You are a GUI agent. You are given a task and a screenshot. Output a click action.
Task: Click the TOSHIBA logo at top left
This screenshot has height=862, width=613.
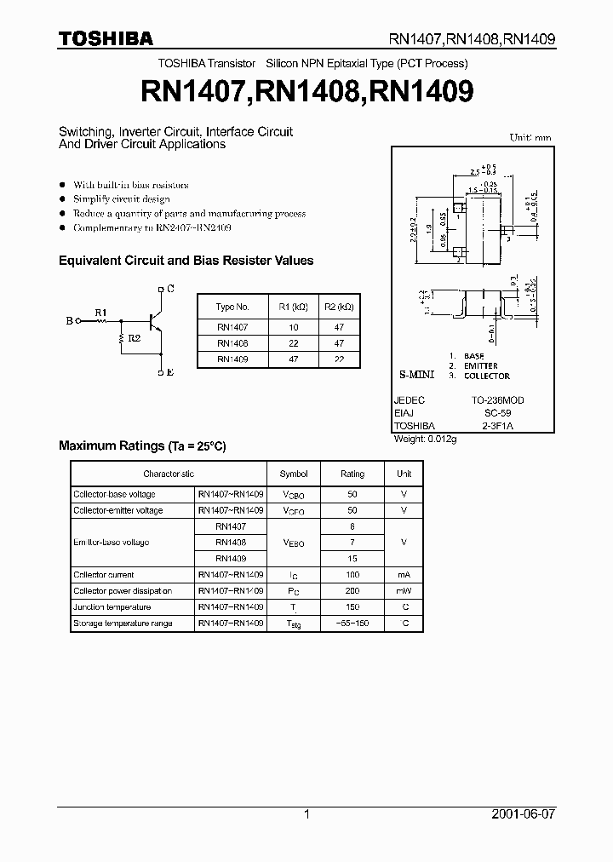pyautogui.click(x=106, y=37)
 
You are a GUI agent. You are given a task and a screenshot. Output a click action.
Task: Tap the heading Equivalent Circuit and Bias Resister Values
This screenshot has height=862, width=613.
pyautogui.click(x=186, y=261)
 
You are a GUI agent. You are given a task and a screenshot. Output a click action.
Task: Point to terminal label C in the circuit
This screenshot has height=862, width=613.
pyautogui.click(x=170, y=289)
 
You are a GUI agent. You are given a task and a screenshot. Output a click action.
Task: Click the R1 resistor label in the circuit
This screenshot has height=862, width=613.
pyautogui.click(x=100, y=313)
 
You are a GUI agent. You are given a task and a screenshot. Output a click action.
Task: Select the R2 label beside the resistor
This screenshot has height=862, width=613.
pyautogui.click(x=135, y=337)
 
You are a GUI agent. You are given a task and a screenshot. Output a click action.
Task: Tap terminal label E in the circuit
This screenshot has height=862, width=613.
pyautogui.click(x=170, y=373)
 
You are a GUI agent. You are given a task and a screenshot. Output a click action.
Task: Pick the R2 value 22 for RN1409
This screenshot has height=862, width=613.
pyautogui.click(x=339, y=359)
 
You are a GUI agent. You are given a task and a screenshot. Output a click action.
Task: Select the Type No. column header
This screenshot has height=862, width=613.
pyautogui.click(x=232, y=307)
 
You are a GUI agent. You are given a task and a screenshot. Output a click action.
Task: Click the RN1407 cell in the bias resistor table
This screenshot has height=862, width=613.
pyautogui.click(x=232, y=325)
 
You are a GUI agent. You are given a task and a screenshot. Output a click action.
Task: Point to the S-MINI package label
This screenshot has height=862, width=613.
pyautogui.click(x=417, y=375)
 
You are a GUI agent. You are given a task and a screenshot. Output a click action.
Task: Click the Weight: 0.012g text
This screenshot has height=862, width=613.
pyautogui.click(x=426, y=439)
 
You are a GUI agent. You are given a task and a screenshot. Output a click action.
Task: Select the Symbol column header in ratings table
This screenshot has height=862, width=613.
pyautogui.click(x=294, y=474)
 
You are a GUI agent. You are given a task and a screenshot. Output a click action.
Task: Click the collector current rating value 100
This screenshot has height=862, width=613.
pyautogui.click(x=352, y=575)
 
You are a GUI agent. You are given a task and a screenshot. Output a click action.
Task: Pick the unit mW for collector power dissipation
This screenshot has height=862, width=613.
pyautogui.click(x=404, y=591)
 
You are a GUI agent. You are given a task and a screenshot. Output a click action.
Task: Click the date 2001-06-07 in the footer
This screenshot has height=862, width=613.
pyautogui.click(x=524, y=814)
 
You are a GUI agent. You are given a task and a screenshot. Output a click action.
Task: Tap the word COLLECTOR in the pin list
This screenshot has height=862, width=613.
pyautogui.click(x=487, y=376)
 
